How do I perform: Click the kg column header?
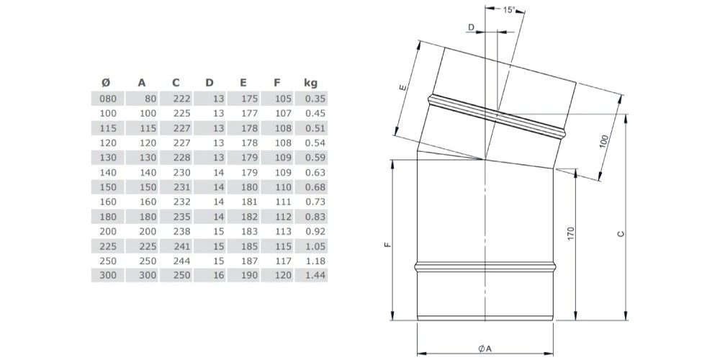click(310, 83)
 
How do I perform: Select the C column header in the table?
click(176, 83)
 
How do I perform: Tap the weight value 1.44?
click(315, 276)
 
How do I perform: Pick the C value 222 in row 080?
click(183, 98)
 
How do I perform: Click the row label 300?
click(109, 276)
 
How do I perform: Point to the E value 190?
click(250, 276)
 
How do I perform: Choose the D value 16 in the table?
click(219, 276)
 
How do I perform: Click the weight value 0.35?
click(315, 98)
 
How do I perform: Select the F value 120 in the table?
click(283, 276)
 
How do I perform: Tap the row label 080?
click(109, 98)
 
